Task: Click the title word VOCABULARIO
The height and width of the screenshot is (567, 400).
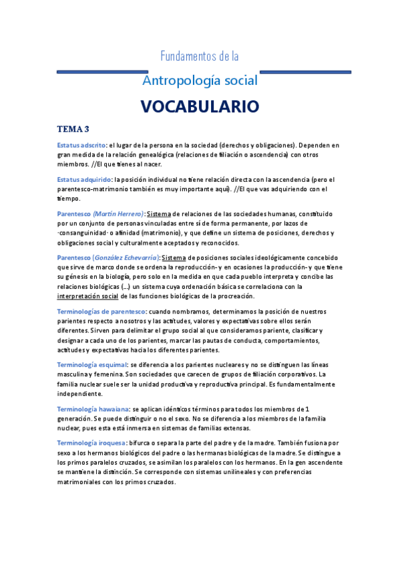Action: [x=200, y=106]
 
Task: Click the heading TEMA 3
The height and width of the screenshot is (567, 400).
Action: [x=74, y=128]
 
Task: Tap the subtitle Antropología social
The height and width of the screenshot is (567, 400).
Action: [x=200, y=81]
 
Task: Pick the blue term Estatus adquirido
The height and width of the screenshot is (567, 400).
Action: [x=84, y=179]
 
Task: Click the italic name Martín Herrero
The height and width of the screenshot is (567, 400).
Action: [x=119, y=213]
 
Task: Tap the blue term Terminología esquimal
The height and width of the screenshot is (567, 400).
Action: [x=93, y=364]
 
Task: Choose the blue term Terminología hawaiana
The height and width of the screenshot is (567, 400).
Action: [x=93, y=409]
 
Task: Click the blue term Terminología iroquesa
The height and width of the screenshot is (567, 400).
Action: [x=91, y=443]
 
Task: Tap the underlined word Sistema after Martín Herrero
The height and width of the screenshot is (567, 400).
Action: [x=158, y=213]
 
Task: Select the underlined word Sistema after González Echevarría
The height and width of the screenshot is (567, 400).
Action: [x=174, y=257]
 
